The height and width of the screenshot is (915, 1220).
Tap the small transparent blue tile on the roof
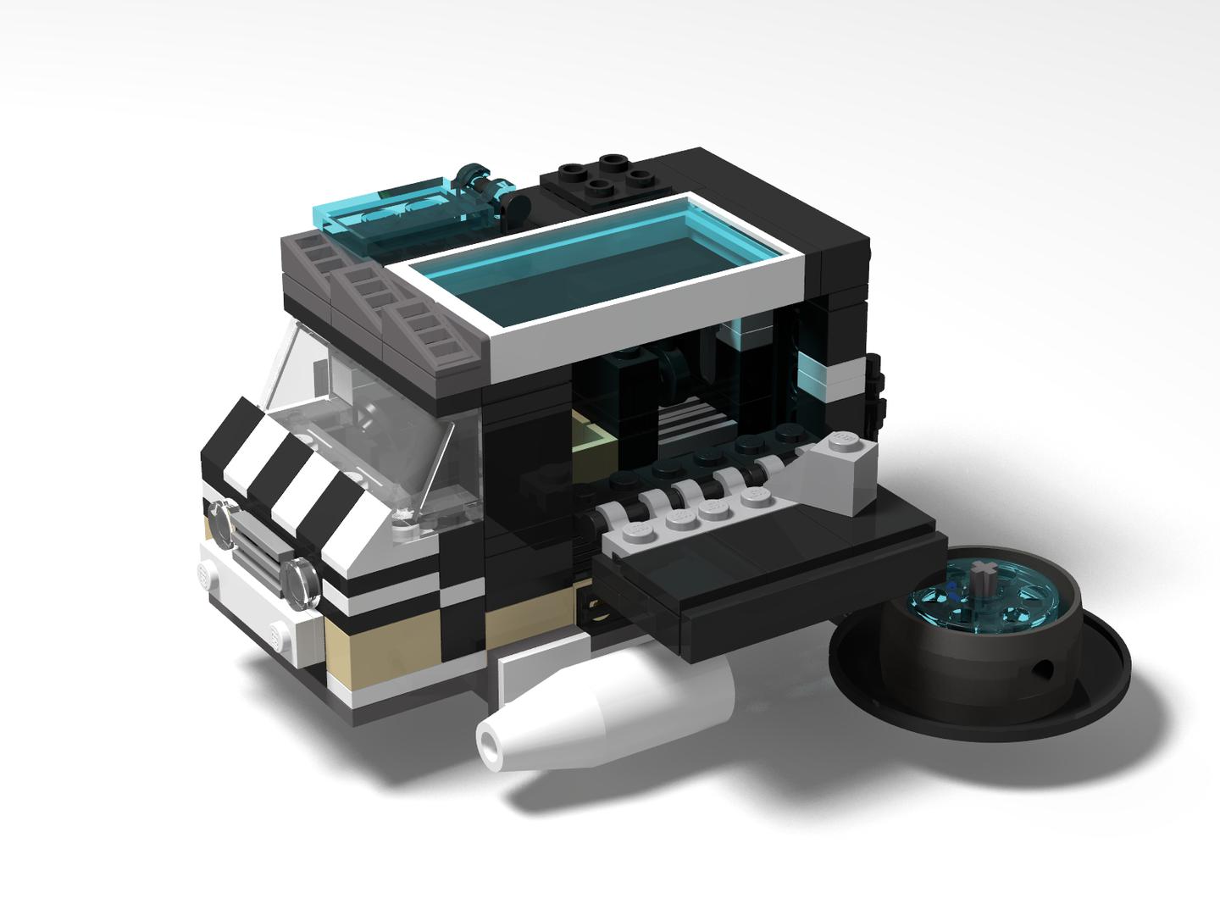coord(398,208)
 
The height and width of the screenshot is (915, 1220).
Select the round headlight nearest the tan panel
coord(302,582)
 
